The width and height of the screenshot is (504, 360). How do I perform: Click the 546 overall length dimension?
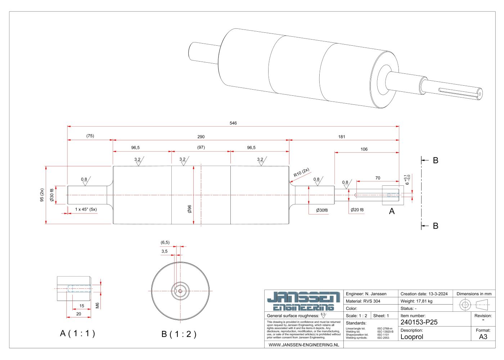coord(233,123)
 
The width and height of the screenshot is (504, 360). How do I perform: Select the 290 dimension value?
coord(201,137)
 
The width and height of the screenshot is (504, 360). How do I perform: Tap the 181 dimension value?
coord(342,137)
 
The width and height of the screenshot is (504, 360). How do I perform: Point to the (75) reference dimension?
coord(90,136)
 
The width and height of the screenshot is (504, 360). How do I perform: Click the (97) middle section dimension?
coord(201,148)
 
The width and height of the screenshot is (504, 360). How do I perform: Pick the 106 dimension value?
coord(364,149)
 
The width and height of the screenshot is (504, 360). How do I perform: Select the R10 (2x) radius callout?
coord(301,173)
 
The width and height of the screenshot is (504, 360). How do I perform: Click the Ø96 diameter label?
coord(190,209)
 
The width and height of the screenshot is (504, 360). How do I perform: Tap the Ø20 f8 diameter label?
coord(357,210)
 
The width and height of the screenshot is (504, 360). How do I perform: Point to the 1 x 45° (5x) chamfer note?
coord(86,210)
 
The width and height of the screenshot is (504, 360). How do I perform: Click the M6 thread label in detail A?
coord(97,305)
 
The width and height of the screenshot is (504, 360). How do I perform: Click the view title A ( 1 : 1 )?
coord(77,333)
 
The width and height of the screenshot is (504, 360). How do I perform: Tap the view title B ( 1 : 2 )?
coord(179,334)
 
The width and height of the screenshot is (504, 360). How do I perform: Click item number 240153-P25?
coord(419,322)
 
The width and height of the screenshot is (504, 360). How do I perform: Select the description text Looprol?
coord(412,337)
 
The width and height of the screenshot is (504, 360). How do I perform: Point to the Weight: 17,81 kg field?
coord(417,301)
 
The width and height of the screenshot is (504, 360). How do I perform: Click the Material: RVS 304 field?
coord(363,301)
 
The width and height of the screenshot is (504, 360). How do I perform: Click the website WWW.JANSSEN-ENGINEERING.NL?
coord(304,345)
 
